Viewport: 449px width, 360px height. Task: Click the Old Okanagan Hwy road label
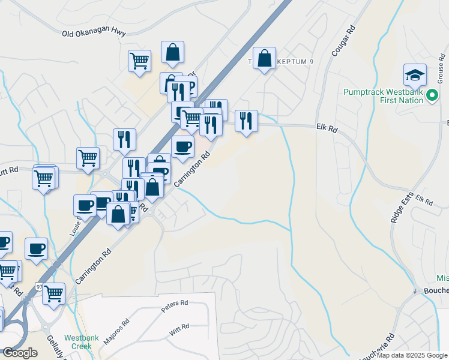[x=94, y=32]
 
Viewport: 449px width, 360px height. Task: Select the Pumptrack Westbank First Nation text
[x=384, y=96]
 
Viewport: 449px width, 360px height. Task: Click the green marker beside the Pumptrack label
[x=432, y=95]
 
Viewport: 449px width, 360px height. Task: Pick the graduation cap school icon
[x=415, y=74]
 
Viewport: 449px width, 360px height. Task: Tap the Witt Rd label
[x=179, y=328]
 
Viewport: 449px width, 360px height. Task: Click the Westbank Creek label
[x=77, y=341]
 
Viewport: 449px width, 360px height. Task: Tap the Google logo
[x=20, y=353]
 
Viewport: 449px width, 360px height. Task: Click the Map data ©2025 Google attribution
[x=412, y=355]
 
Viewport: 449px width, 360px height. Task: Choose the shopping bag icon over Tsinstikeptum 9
[x=264, y=58]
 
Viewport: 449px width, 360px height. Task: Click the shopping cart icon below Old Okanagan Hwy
[x=139, y=60]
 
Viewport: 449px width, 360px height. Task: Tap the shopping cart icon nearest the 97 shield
[x=53, y=293]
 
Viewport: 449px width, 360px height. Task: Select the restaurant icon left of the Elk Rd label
[x=246, y=121]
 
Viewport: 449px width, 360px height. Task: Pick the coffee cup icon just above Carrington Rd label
[x=182, y=146]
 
